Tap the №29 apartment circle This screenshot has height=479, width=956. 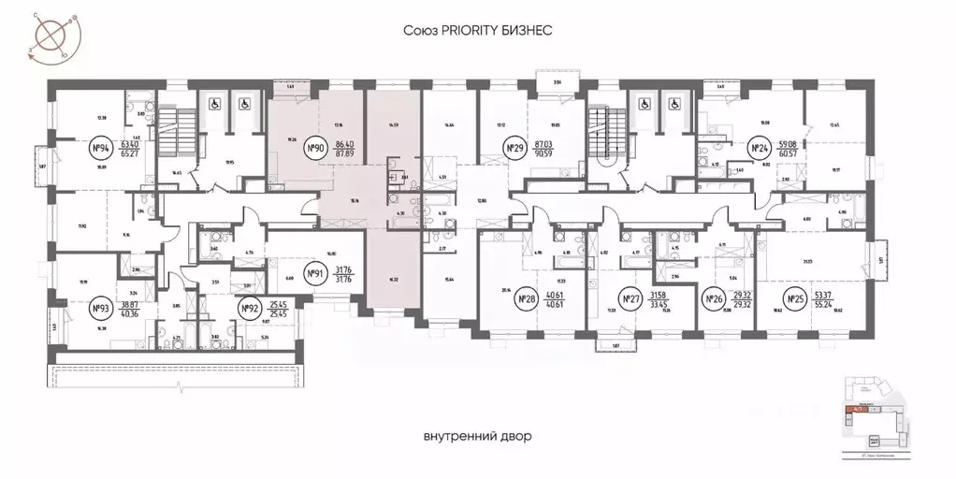513,148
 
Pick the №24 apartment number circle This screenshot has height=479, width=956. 759,148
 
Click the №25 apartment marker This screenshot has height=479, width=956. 796,300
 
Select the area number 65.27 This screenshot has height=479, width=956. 129,154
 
